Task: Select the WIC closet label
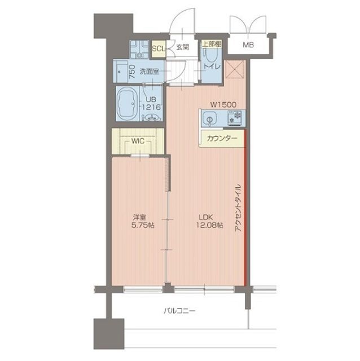point(138,142)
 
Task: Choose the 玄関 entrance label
point(182,47)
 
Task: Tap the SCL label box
point(159,48)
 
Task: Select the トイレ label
point(212,67)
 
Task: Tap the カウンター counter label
point(222,138)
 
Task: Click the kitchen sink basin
point(209,119)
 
